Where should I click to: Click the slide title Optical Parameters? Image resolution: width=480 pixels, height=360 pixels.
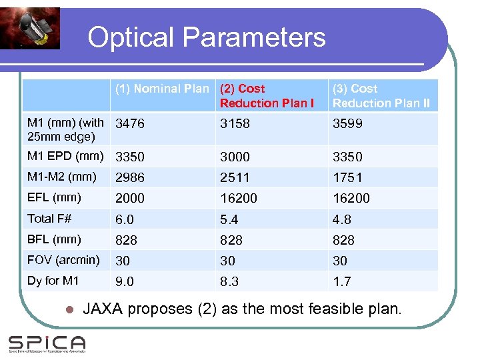click(207, 37)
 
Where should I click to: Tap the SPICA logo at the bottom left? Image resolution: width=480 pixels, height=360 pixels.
click(47, 344)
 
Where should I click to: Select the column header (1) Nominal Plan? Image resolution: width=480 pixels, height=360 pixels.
click(162, 89)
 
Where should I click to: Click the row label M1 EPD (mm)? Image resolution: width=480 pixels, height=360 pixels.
click(65, 156)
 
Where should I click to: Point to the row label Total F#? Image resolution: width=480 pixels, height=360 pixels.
click(49, 218)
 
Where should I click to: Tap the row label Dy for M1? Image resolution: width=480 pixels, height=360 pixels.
click(53, 281)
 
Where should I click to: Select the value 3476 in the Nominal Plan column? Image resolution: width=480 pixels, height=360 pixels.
click(130, 124)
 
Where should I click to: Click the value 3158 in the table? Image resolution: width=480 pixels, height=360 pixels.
click(235, 124)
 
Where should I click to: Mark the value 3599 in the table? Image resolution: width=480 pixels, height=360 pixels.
click(347, 124)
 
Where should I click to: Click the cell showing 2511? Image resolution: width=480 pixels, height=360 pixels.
click(235, 177)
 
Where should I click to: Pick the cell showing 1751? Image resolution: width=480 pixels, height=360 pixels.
click(347, 177)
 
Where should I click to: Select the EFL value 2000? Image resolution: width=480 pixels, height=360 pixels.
click(130, 198)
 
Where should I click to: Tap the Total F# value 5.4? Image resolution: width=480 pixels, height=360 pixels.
click(229, 219)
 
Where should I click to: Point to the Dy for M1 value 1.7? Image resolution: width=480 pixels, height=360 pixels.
click(341, 282)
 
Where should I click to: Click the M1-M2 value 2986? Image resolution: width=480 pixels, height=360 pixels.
click(130, 177)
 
